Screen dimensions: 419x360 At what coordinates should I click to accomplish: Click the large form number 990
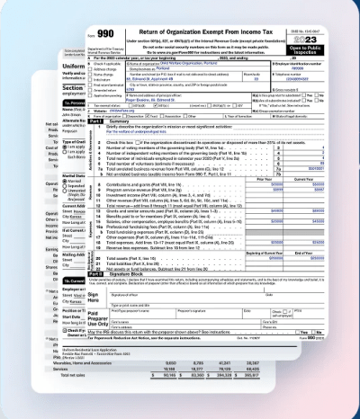(105, 34)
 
